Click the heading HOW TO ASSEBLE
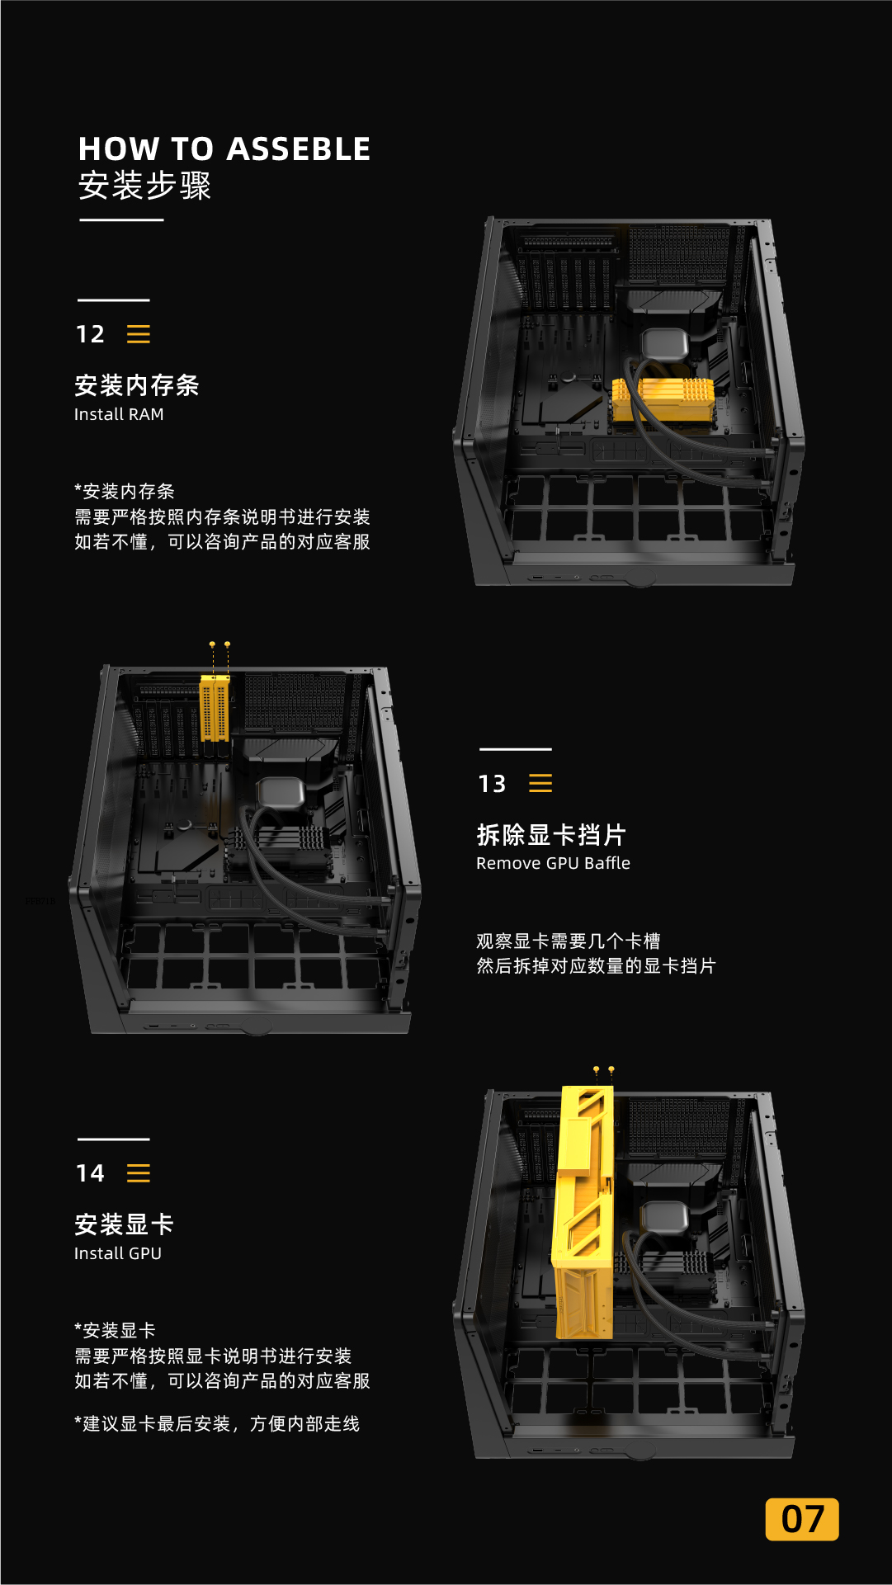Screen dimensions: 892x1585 point(224,149)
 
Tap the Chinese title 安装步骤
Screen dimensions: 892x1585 point(144,186)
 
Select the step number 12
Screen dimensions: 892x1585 point(90,334)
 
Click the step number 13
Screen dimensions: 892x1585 point(492,784)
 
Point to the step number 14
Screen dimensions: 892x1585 point(90,1173)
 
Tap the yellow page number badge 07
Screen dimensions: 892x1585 point(802,1519)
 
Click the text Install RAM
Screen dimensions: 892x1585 point(119,414)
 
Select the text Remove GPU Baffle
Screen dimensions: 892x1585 point(553,863)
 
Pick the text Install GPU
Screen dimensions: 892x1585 point(118,1253)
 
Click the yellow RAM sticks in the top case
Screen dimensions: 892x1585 point(663,399)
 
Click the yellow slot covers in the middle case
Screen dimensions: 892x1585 point(215,707)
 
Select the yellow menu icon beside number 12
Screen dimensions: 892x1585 point(139,334)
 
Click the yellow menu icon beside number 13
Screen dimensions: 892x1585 point(540,783)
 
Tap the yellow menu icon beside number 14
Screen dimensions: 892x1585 point(139,1173)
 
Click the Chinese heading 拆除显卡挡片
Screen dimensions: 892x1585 point(551,835)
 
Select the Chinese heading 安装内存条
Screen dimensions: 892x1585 point(137,385)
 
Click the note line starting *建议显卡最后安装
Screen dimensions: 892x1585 point(217,1424)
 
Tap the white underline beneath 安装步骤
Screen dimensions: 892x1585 point(121,220)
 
